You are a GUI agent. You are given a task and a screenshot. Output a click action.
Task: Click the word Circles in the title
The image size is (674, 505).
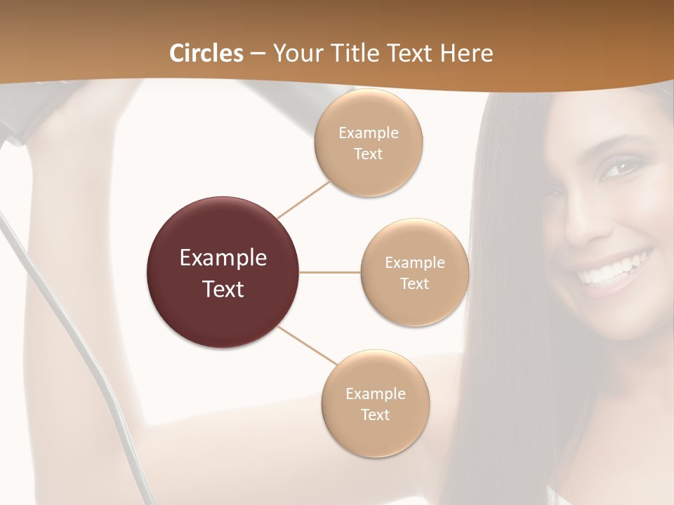pos(206,53)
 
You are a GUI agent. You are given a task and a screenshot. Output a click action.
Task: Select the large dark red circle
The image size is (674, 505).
pos(223,272)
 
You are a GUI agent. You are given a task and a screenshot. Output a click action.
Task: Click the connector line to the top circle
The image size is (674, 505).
pos(303,199)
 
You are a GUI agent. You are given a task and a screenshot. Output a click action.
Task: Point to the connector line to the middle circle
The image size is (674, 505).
pos(330,272)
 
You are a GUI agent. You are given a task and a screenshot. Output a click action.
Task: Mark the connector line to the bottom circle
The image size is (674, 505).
pos(306,345)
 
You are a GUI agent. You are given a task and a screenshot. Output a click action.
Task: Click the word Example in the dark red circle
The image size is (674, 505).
pos(223,258)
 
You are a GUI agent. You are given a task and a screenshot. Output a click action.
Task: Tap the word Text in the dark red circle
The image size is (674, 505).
pos(223,289)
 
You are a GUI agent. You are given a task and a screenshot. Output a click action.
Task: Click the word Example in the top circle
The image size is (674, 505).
pos(368,133)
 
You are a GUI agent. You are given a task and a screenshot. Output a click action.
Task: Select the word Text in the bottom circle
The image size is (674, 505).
pos(375,415)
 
